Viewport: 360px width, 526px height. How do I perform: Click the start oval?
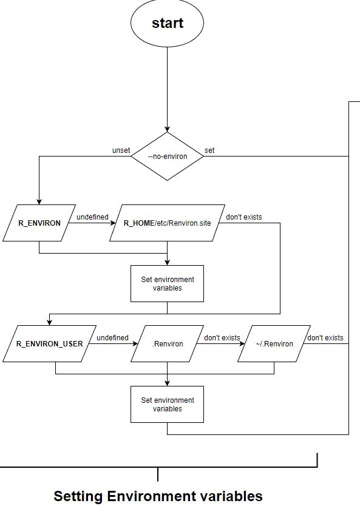(167, 23)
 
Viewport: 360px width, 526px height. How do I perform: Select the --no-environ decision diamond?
(167, 157)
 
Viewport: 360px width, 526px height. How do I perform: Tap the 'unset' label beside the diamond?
(121, 150)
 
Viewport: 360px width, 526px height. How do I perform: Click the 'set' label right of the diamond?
(209, 150)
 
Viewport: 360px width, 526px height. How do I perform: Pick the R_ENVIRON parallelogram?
(39, 223)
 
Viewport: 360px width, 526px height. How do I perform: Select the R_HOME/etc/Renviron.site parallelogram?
(167, 223)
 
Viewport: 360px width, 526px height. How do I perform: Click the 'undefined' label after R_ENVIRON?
(92, 217)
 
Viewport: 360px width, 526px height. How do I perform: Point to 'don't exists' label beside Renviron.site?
(244, 217)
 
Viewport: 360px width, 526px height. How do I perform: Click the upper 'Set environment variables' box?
(167, 284)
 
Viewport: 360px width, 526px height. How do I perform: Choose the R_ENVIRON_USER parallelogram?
(49, 344)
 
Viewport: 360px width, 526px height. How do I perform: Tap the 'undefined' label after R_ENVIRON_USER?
(112, 338)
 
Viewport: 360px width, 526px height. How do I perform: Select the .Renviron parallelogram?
(167, 344)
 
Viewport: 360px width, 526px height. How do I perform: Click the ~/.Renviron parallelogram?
(274, 344)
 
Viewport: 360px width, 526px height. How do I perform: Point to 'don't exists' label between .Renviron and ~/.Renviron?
(222, 338)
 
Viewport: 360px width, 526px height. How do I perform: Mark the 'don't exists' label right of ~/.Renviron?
(325, 338)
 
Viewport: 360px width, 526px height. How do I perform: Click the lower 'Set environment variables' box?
(167, 405)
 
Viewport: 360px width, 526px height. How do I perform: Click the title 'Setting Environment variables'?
(158, 496)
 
